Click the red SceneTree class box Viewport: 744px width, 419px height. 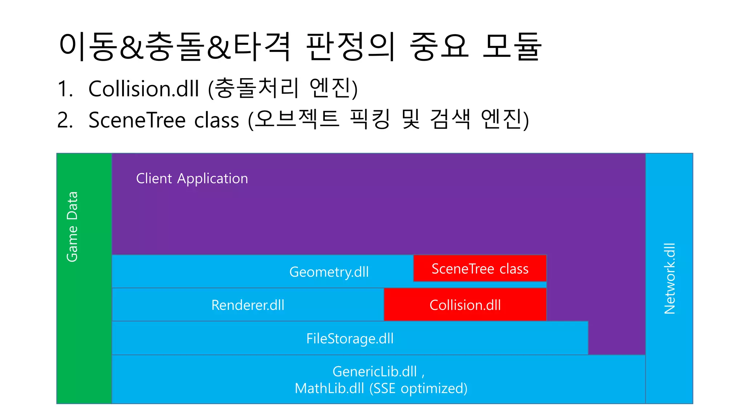point(480,268)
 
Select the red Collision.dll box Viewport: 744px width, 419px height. point(465,305)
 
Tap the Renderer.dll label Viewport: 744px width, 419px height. point(248,305)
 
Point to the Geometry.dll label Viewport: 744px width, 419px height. point(329,272)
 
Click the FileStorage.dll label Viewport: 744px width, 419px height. point(350,338)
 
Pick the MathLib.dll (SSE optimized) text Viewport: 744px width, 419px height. point(381,388)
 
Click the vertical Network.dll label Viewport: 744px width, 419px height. point(669,278)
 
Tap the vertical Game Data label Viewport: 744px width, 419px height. point(72,226)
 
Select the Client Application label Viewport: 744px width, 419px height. point(192,179)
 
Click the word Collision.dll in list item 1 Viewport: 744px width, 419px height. point(143,88)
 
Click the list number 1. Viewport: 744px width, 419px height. point(65,88)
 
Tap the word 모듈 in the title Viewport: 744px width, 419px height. point(512,46)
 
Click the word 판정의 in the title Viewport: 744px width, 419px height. point(350,46)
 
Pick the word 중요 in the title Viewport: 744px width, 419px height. point(439,46)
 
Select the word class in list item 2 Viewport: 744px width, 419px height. point(217,120)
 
